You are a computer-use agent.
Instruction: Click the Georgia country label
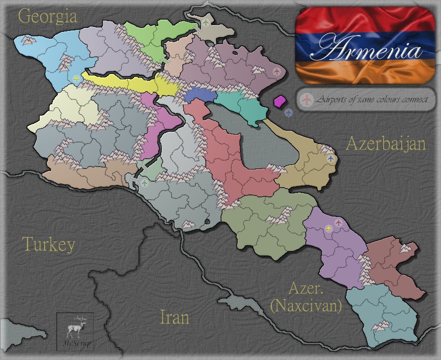tap(48, 17)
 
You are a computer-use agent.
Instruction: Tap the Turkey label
tap(49, 244)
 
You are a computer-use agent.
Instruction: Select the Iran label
tap(174, 317)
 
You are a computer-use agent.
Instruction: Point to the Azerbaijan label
tap(386, 144)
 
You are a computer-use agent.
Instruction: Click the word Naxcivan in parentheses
tap(306, 307)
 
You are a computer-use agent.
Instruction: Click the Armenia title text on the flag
tap(367, 49)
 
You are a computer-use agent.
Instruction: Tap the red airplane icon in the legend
tap(307, 100)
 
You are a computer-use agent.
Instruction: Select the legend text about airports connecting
tap(372, 100)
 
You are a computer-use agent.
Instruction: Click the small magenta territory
tap(280, 101)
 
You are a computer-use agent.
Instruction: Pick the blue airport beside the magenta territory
tap(289, 113)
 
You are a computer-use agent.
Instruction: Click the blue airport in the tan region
tap(330, 159)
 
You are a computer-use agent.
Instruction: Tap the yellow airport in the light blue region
tap(75, 78)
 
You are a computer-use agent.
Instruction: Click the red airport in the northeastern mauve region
tap(277, 72)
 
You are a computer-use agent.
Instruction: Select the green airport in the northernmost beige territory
tap(205, 23)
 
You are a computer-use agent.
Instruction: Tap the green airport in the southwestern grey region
tap(145, 183)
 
